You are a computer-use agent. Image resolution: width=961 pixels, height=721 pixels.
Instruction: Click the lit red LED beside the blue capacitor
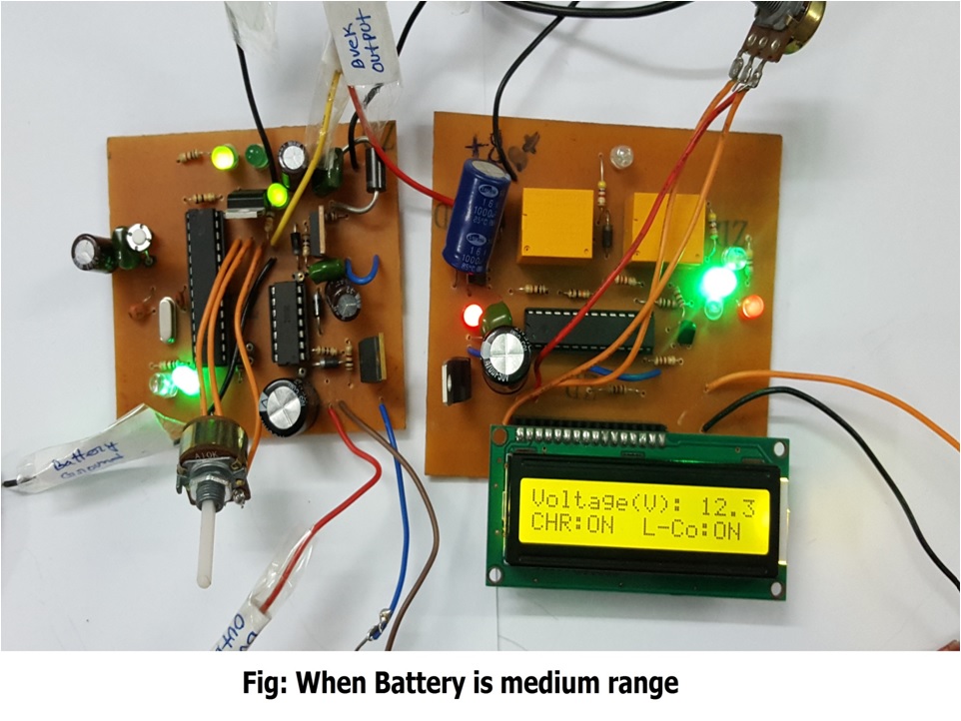[x=472, y=319]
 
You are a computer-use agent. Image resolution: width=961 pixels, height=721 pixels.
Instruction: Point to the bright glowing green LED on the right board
[x=717, y=283]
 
